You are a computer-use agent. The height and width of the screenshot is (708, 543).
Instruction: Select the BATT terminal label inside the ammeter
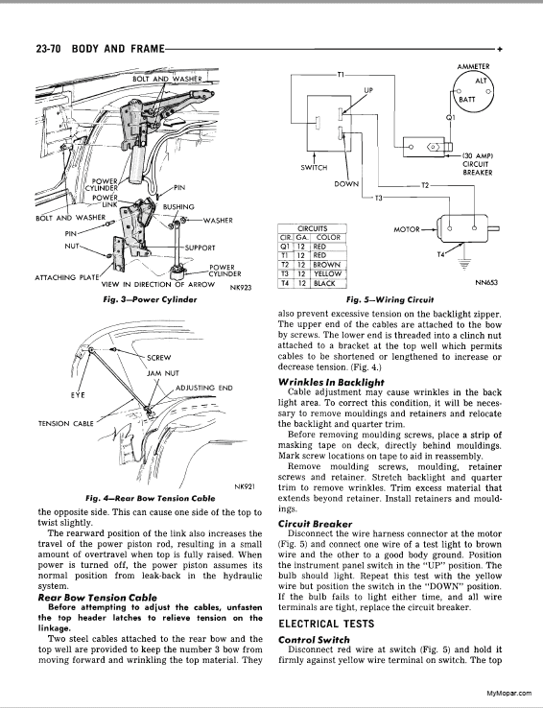coord(466,100)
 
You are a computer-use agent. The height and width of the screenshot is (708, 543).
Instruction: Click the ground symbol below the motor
coord(463,264)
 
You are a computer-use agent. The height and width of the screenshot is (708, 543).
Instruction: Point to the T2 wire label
coord(425,185)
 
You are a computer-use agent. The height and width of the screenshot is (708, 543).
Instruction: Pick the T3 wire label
coord(379,198)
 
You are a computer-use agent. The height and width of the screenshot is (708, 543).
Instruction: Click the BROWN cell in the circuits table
coord(326,265)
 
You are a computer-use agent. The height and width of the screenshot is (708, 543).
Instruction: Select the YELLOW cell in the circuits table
coord(328,274)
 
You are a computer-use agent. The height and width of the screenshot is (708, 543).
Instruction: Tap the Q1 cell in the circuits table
coord(284,247)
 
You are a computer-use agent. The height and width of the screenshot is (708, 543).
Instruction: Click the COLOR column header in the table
coord(328,238)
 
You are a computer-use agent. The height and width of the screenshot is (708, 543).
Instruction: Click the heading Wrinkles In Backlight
coord(331,382)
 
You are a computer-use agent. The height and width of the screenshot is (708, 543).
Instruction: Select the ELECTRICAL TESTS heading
coord(326,624)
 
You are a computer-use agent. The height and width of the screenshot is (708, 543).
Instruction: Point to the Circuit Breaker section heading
coord(315,524)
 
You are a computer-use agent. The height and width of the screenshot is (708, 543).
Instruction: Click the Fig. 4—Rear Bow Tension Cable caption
coord(151,499)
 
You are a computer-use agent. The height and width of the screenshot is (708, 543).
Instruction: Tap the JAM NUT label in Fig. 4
coord(163,373)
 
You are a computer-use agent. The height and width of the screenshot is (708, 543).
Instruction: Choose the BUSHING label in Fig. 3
coord(178,207)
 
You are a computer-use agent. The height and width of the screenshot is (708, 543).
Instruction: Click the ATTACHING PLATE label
coord(66,277)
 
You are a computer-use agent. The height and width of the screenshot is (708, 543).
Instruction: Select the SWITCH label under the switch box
coord(314,168)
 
